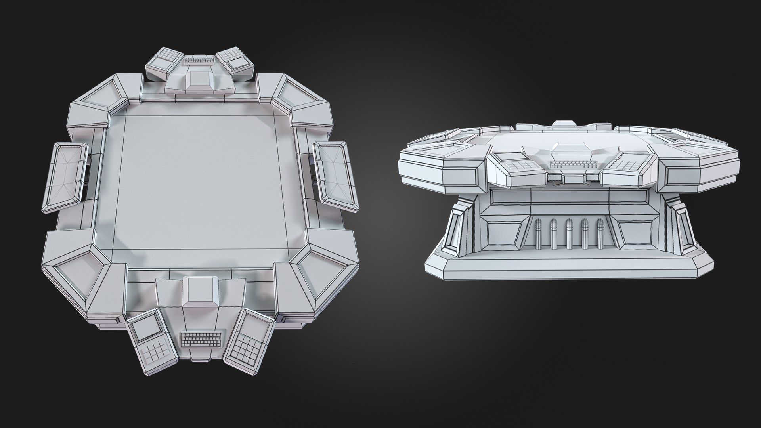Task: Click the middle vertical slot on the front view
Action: point(569,234)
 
